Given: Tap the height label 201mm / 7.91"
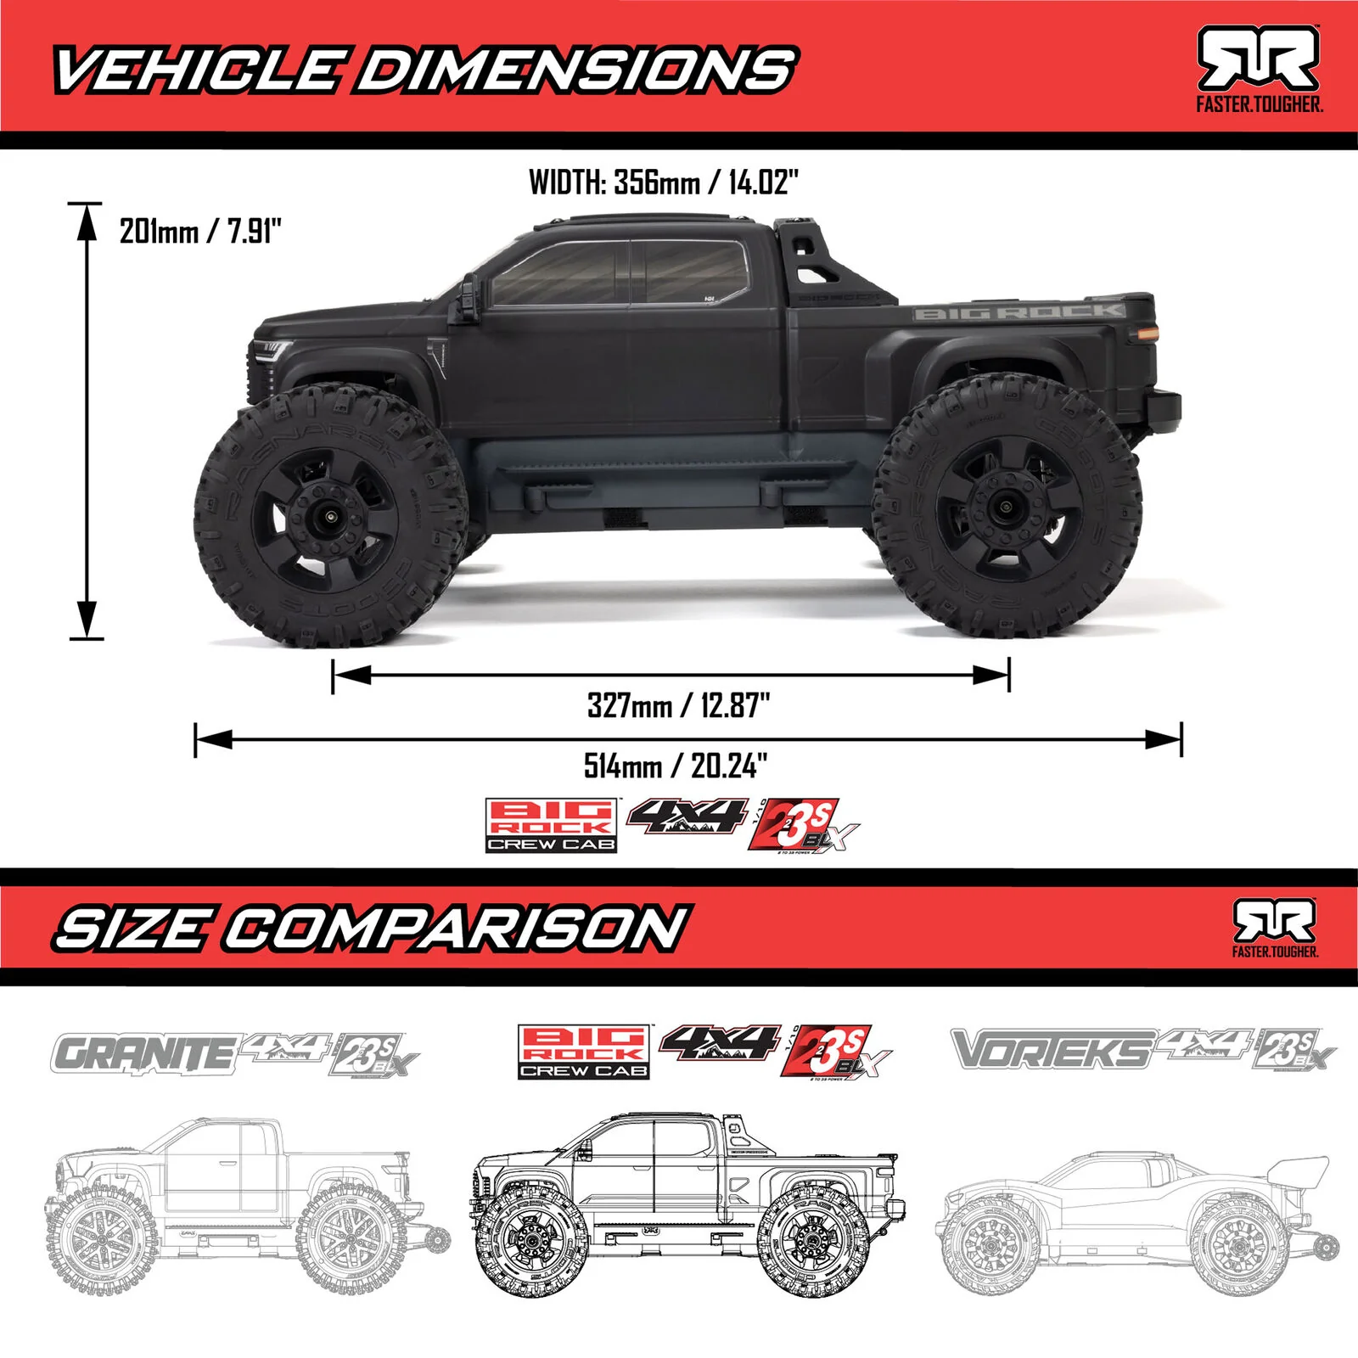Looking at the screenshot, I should [x=200, y=231].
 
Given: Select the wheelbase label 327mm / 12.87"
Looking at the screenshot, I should [x=678, y=705].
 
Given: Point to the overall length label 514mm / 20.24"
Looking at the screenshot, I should [x=676, y=766].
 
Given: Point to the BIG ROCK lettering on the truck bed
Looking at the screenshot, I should [x=1018, y=312].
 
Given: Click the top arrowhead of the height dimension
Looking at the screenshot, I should [x=86, y=222].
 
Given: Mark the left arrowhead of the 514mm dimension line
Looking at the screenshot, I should [x=213, y=739].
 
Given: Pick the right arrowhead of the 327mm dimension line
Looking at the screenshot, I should [x=990, y=675].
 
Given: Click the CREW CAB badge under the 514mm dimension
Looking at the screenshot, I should [x=552, y=844].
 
